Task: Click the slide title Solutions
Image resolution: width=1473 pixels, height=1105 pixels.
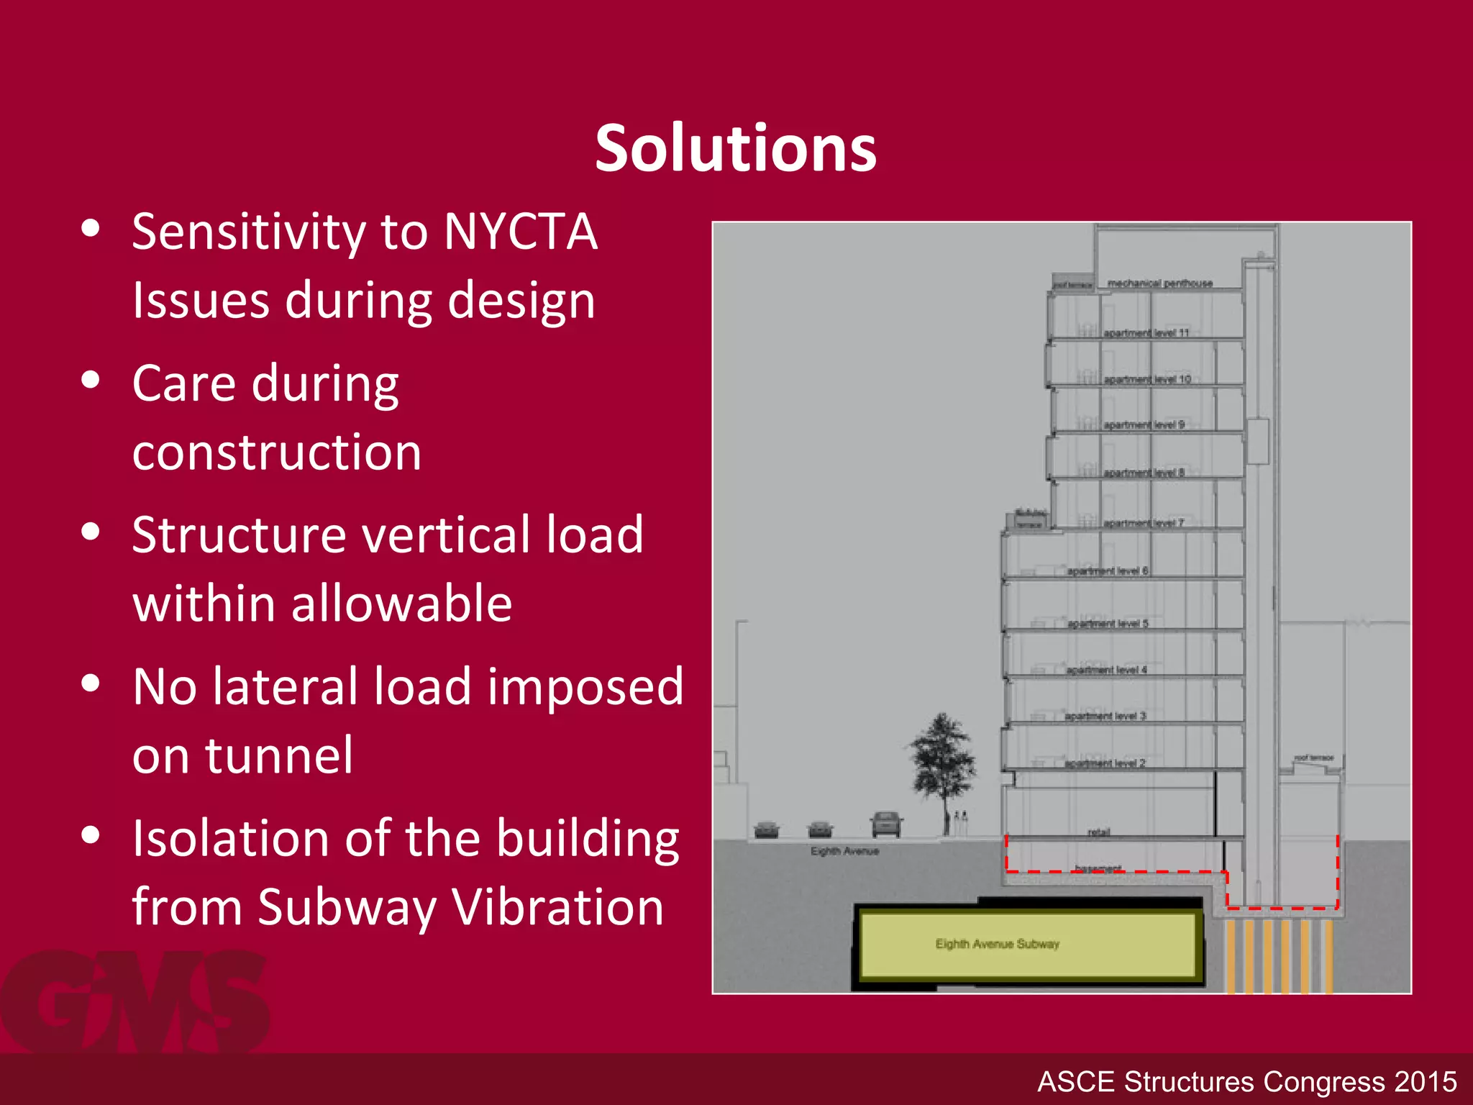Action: coord(735,148)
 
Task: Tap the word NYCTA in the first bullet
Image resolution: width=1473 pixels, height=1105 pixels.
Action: coord(520,232)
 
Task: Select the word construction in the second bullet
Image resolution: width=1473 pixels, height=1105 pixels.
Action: coord(277,453)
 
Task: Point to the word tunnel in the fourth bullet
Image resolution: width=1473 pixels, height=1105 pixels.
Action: coord(279,756)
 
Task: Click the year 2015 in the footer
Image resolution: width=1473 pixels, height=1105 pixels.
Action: coord(1425,1082)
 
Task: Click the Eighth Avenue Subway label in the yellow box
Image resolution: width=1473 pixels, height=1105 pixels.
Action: coord(997,944)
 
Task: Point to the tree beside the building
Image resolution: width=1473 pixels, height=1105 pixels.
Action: coord(942,763)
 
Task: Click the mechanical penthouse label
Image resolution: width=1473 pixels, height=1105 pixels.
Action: coord(1159,283)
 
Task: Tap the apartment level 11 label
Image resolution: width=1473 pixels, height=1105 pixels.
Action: coord(1146,333)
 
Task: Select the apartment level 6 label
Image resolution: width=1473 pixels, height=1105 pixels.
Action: coord(1107,571)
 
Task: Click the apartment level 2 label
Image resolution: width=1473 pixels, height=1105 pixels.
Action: coord(1105,763)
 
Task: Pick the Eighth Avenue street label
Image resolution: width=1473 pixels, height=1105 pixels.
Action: coord(844,852)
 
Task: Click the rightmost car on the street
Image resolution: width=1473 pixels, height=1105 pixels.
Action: coord(886,824)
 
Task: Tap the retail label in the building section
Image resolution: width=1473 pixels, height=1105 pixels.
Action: coord(1098,832)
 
